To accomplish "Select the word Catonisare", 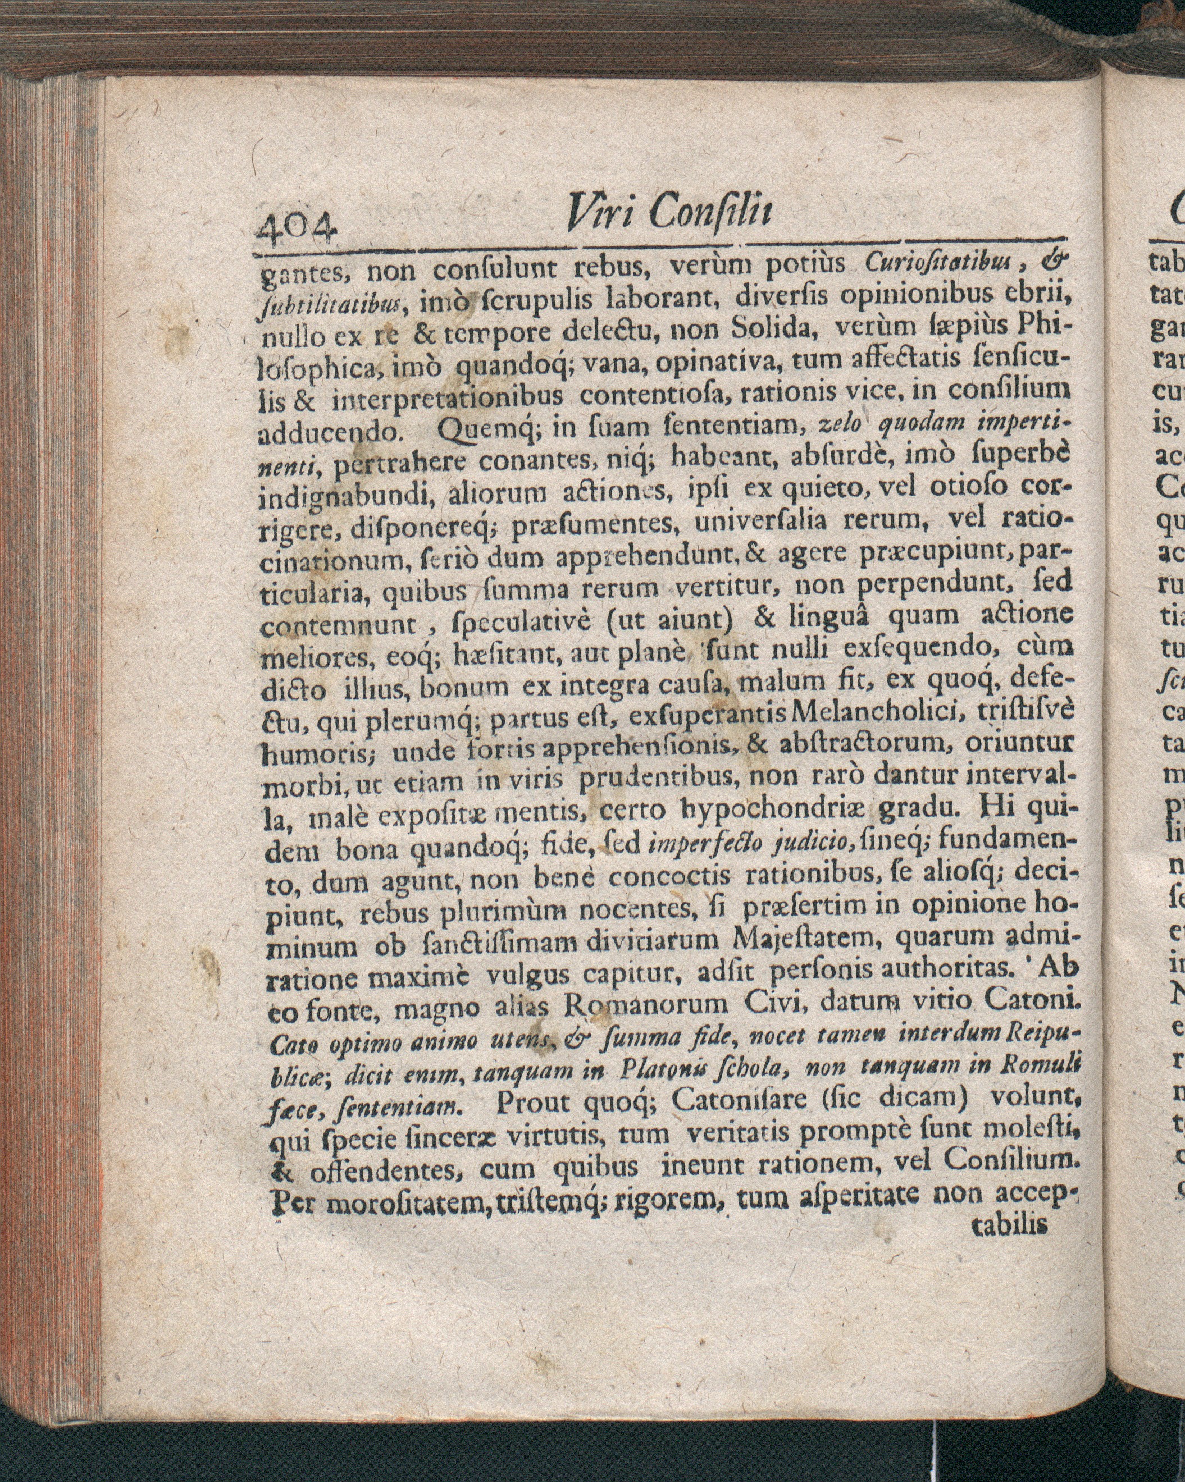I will click(740, 1102).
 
